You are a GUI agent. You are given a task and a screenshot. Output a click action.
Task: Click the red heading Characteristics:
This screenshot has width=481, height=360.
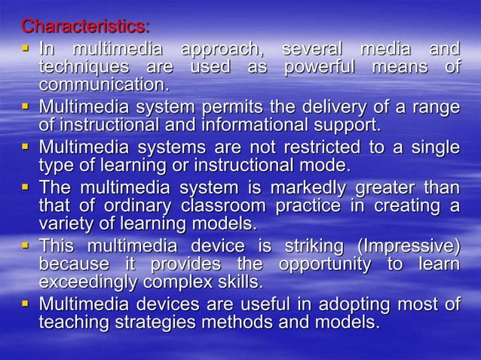point(85,27)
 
